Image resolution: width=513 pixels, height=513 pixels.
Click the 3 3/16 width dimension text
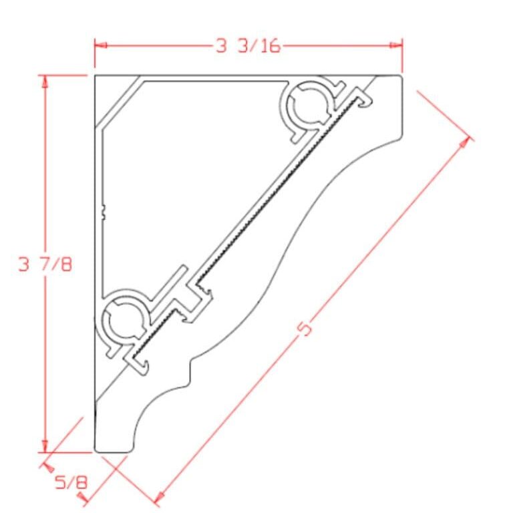pyautogui.click(x=248, y=45)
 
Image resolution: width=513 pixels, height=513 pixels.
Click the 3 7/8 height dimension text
pyautogui.click(x=45, y=264)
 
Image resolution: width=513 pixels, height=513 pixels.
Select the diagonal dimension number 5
pyautogui.click(x=305, y=329)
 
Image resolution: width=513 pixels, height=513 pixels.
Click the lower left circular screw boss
pyautogui.click(x=124, y=319)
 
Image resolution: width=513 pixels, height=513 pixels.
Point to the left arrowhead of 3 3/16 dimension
pyautogui.click(x=100, y=45)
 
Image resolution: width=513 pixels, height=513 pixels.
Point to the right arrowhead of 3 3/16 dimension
pyautogui.click(x=396, y=45)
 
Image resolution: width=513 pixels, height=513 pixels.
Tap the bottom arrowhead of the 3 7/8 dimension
pyautogui.click(x=45, y=446)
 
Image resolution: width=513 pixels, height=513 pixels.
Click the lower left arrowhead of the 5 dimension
pyautogui.click(x=159, y=496)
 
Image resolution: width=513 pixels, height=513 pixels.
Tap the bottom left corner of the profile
pyautogui.click(x=98, y=449)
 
